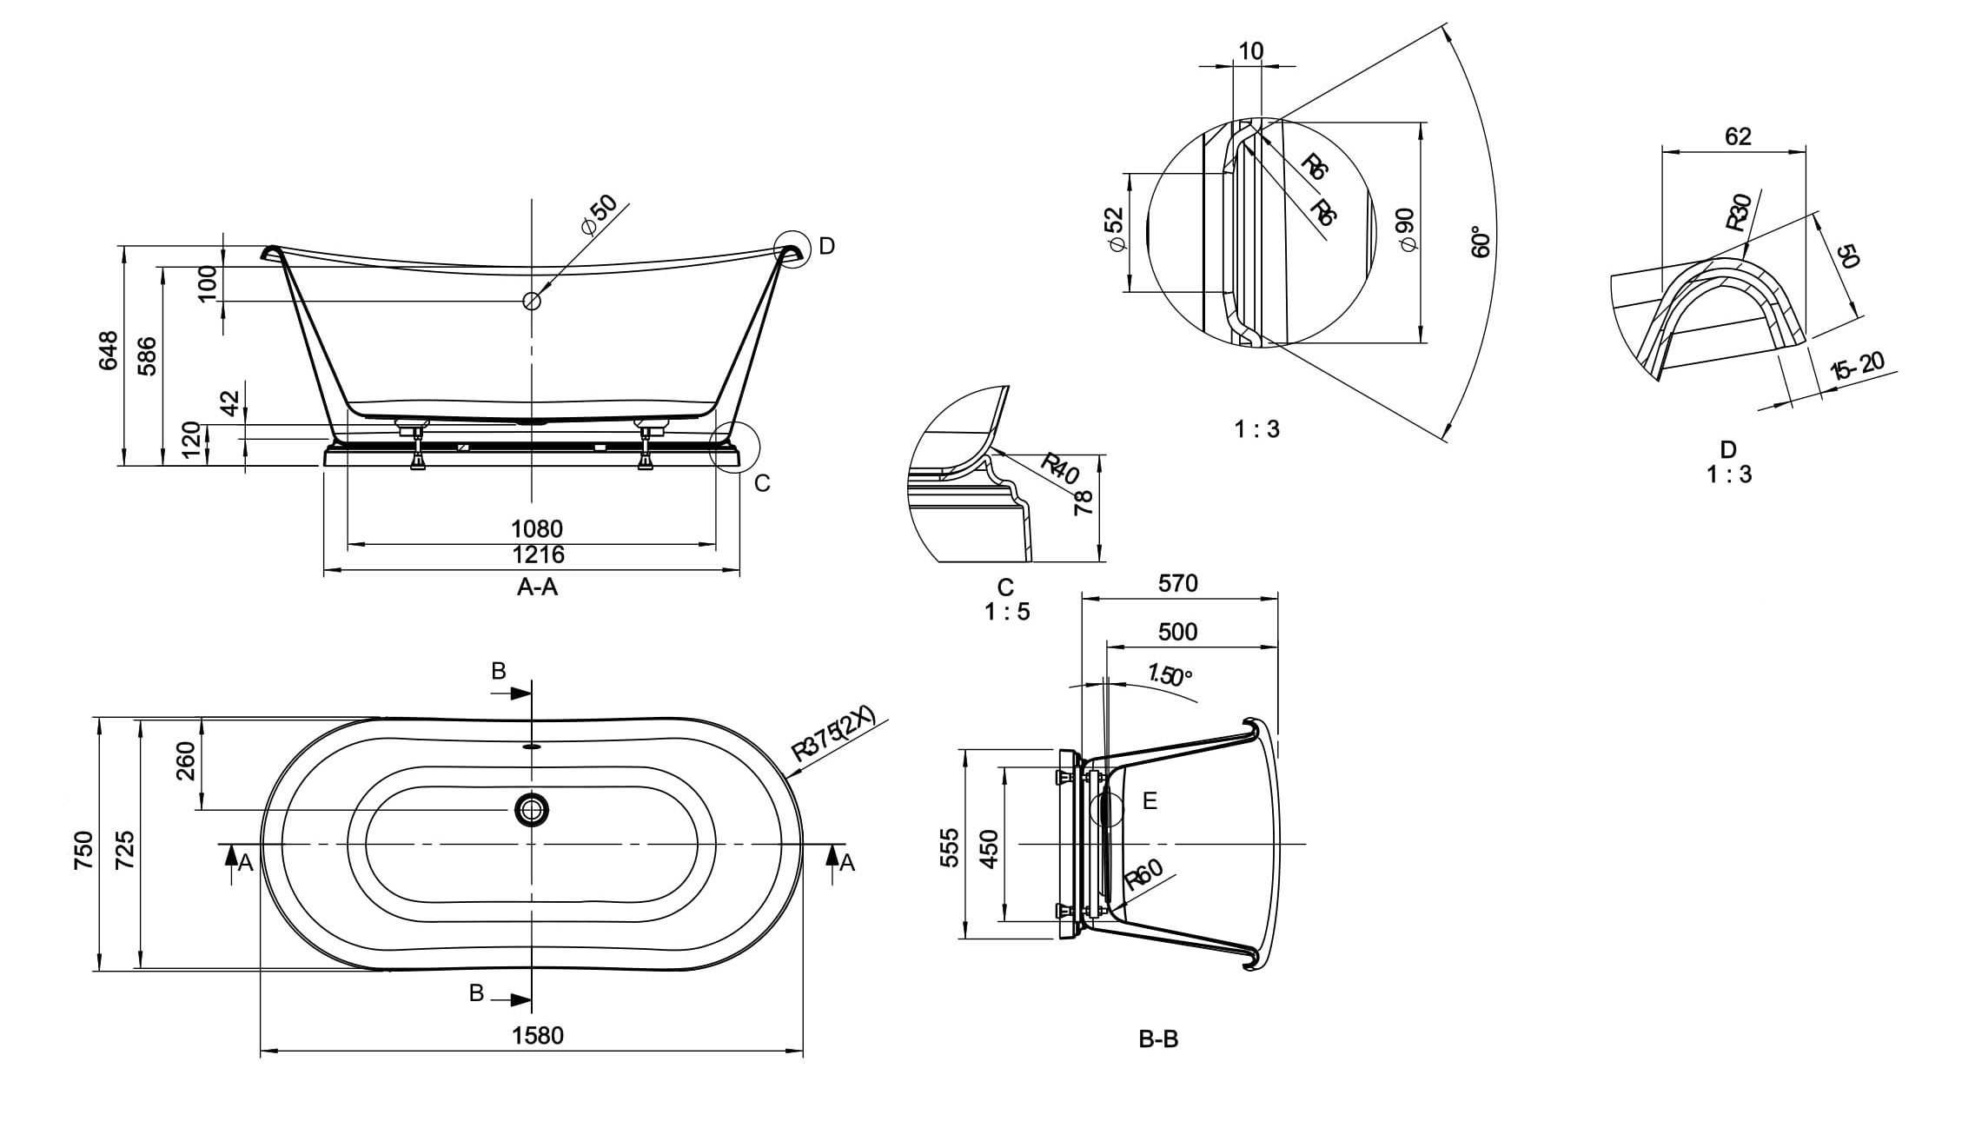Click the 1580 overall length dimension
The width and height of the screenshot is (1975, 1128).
click(538, 1035)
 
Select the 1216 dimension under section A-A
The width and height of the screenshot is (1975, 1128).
click(538, 554)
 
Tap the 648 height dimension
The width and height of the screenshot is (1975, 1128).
click(109, 350)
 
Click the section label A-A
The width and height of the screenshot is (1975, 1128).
click(537, 587)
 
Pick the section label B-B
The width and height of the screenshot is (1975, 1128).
click(1158, 1038)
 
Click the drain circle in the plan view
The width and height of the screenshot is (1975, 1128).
click(532, 810)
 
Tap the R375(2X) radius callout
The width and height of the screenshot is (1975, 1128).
click(832, 736)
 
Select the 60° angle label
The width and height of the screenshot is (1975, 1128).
click(1481, 242)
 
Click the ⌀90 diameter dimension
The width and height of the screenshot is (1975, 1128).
click(1408, 230)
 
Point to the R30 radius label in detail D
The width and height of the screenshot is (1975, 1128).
click(1738, 213)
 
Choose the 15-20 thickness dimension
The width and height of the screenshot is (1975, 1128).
click(1857, 366)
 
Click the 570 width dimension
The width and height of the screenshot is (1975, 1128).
click(1177, 583)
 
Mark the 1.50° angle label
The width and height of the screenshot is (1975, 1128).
click(1170, 674)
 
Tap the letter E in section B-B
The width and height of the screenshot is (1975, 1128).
click(1150, 800)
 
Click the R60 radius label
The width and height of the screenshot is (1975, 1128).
click(1143, 875)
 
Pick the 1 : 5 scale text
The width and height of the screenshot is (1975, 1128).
click(1007, 612)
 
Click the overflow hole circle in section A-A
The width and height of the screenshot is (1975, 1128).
click(532, 302)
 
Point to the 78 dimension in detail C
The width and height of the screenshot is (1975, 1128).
click(1084, 502)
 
